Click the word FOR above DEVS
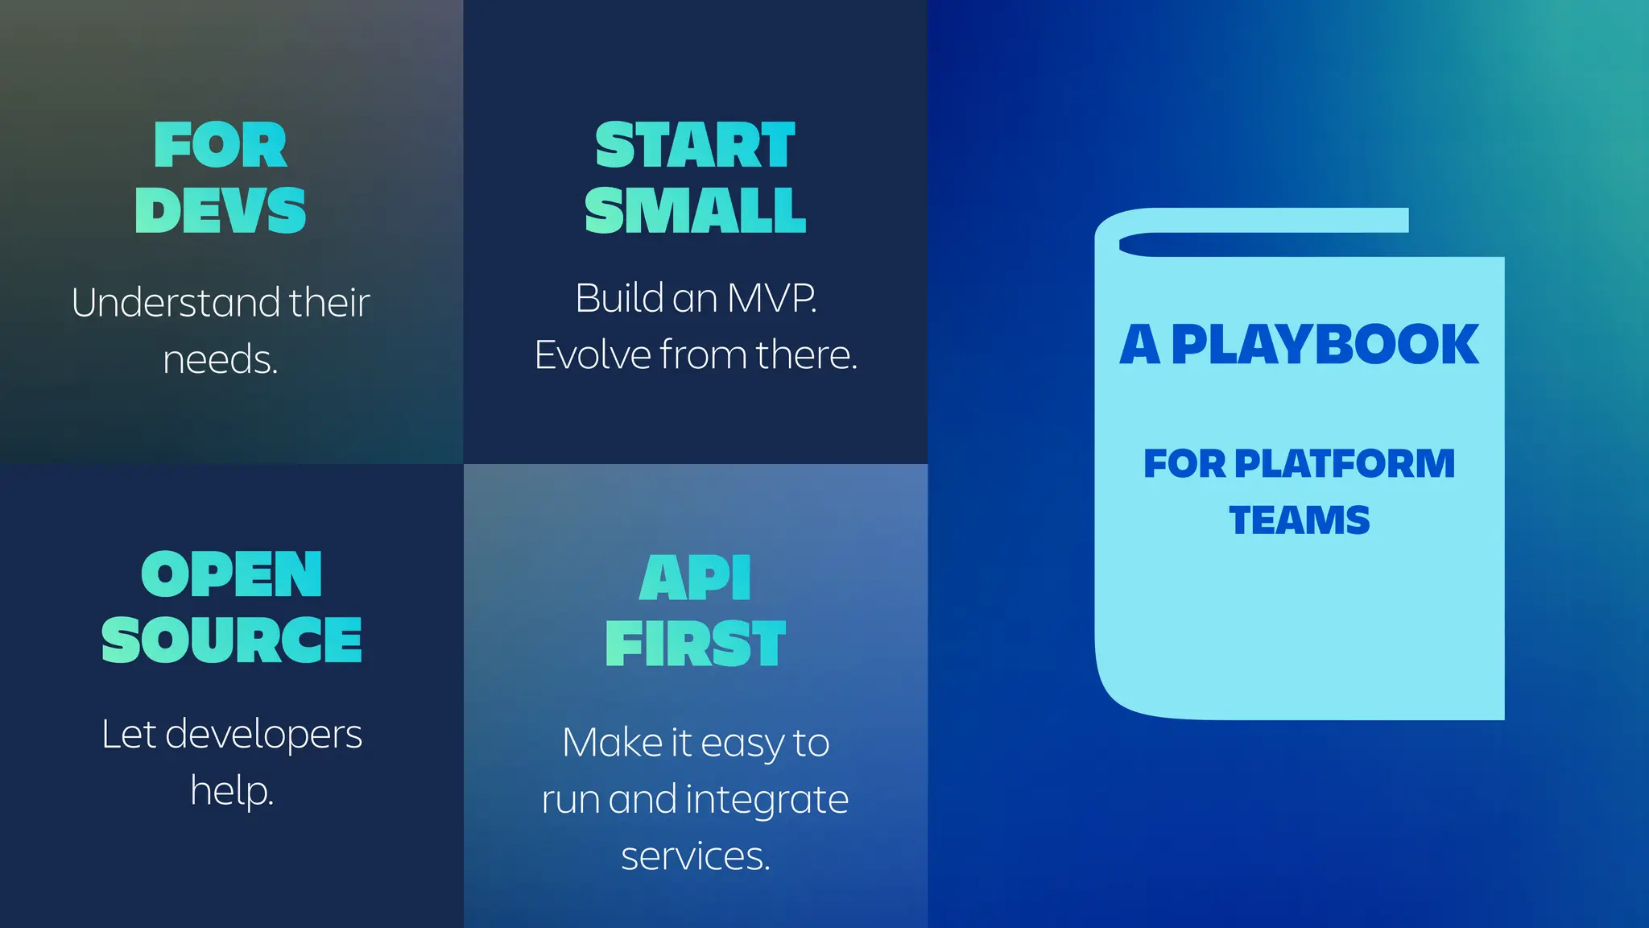pos(220,146)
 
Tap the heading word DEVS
pos(220,211)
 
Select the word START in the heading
pos(695,146)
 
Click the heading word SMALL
pos(695,211)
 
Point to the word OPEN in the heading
pos(231,575)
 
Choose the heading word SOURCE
pos(231,640)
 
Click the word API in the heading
pos(695,578)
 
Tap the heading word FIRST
pos(695,644)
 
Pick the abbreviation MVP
pos(771,299)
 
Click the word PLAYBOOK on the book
pos(1325,345)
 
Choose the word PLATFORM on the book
pos(1344,464)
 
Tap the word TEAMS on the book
pos(1299,520)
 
